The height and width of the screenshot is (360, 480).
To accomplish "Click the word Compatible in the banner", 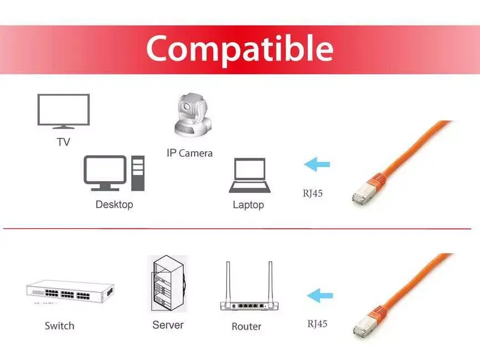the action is click(240, 49).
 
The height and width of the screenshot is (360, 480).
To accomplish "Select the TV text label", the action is click(63, 142).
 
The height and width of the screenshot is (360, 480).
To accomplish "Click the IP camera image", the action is click(193, 115).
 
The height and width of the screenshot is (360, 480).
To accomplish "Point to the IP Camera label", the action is click(189, 153).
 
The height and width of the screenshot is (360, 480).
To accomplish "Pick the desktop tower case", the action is click(138, 173).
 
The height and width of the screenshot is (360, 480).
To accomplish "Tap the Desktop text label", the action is click(114, 204).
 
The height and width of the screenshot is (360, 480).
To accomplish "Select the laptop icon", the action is click(250, 176).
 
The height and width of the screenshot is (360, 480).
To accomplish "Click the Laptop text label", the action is click(248, 205).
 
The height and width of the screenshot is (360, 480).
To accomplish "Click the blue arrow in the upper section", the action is click(317, 164).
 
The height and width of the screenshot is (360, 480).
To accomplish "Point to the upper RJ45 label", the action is click(313, 193).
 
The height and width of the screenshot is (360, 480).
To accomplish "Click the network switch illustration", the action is click(70, 291).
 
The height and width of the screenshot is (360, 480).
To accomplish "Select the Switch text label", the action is click(59, 326).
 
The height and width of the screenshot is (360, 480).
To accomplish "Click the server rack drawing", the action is click(168, 284).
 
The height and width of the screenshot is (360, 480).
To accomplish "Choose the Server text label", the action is click(168, 325).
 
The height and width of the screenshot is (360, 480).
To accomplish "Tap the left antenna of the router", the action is click(228, 282).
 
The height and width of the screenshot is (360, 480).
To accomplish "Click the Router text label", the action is click(246, 326).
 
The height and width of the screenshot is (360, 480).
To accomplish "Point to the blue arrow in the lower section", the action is click(320, 296).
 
